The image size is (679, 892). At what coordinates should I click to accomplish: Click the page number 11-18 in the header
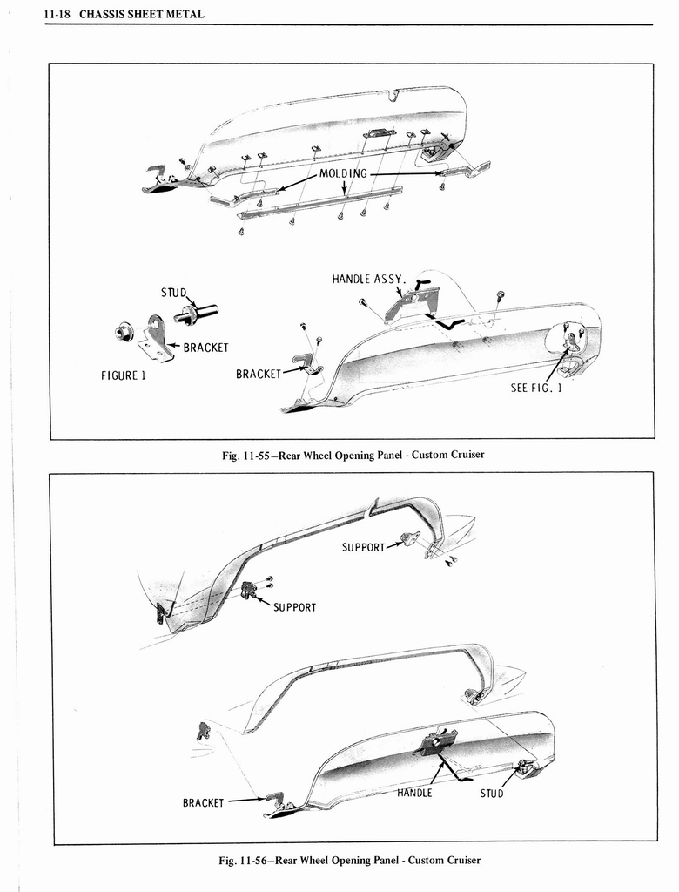[x=60, y=14]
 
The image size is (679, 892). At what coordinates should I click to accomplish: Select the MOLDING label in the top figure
[x=344, y=173]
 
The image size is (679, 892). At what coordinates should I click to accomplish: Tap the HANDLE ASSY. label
[x=367, y=280]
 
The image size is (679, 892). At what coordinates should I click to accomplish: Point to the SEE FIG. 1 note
[x=536, y=388]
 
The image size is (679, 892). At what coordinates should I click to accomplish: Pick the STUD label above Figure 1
[x=173, y=293]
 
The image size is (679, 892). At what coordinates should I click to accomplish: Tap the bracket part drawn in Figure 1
[x=157, y=338]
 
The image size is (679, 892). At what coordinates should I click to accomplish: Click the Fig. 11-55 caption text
[x=352, y=455]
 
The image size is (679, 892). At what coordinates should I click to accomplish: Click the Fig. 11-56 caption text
[x=349, y=860]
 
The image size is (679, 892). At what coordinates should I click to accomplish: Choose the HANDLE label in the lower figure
[x=414, y=793]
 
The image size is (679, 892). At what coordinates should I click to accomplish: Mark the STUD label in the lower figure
[x=491, y=794]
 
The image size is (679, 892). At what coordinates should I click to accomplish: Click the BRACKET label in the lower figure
[x=203, y=802]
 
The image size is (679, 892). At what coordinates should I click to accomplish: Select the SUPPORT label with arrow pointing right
[x=363, y=548]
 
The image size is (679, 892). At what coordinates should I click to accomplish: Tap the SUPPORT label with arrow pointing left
[x=294, y=606]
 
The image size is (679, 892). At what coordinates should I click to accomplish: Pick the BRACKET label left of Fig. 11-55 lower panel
[x=259, y=375]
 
